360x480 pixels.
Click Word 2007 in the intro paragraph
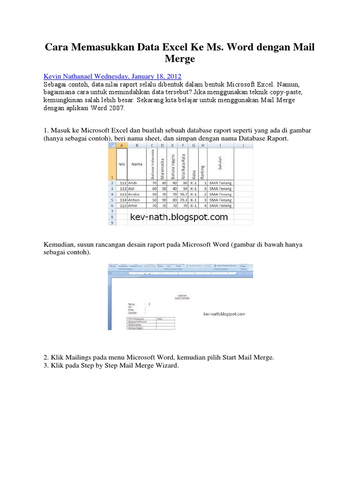(112, 108)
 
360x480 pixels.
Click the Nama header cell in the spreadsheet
(137, 165)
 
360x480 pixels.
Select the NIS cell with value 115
(123, 205)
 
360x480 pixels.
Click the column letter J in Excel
(243, 146)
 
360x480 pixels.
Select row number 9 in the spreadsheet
(111, 223)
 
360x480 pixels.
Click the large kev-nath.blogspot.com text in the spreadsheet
(179, 217)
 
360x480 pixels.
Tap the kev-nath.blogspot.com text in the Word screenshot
(224, 314)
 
